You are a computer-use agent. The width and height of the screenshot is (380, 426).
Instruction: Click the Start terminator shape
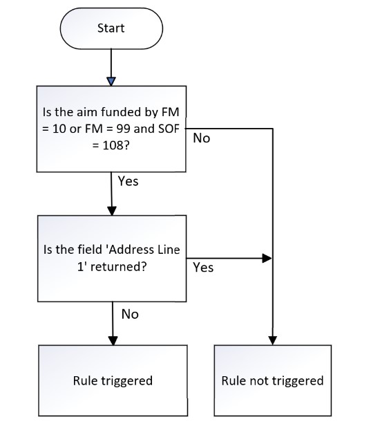[x=111, y=28]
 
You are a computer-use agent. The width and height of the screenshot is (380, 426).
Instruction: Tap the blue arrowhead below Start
[x=111, y=82]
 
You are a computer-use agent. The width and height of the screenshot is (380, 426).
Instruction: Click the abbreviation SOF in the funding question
[x=169, y=129]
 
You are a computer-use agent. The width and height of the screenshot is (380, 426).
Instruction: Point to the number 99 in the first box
[x=123, y=129]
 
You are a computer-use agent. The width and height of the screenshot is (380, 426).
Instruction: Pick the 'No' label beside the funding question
[x=202, y=138]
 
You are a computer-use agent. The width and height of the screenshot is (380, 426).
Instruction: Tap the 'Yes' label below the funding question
[x=128, y=181]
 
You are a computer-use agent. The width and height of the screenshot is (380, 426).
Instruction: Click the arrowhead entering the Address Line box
[x=112, y=211]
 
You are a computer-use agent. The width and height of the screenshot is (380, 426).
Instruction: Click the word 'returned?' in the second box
[x=119, y=266]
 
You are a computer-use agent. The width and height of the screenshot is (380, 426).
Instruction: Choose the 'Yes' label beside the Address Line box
[x=203, y=268]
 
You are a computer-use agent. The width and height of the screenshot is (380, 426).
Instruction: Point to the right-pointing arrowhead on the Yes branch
[x=267, y=258]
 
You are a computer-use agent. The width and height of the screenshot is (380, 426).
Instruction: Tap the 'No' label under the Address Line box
[x=130, y=315]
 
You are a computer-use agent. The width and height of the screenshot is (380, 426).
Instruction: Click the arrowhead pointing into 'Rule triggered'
[x=113, y=341]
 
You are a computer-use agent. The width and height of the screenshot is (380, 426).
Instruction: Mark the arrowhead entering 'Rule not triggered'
[x=272, y=341]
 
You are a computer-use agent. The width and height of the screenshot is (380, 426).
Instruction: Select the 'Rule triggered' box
[x=113, y=380]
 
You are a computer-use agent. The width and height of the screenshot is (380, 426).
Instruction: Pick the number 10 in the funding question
[x=59, y=129]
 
